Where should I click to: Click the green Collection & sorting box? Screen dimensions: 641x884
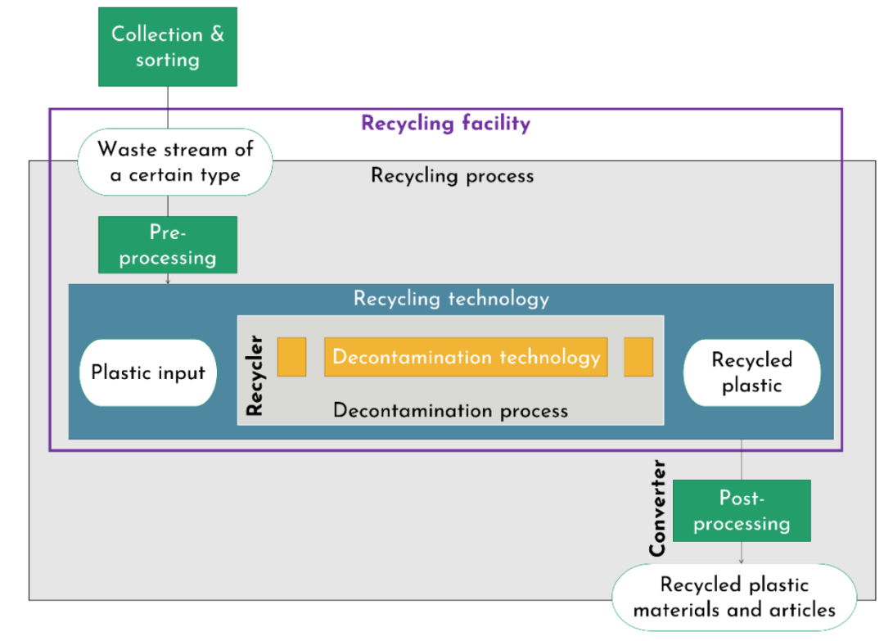[x=167, y=47]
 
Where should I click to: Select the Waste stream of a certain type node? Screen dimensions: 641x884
[x=175, y=161]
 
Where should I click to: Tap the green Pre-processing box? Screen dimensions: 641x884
[x=167, y=245]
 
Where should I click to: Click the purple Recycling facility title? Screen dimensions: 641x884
[x=445, y=124]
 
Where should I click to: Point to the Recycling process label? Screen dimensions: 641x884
[x=452, y=175]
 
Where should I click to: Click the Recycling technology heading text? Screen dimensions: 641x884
[x=451, y=298]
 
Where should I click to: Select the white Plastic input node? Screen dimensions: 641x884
[x=147, y=372]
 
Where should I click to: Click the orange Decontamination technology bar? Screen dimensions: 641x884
[x=466, y=357]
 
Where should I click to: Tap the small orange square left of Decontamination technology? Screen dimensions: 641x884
[x=291, y=357]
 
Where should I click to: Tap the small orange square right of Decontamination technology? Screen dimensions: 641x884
[x=638, y=357]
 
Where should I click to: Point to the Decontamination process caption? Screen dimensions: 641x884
[x=450, y=410]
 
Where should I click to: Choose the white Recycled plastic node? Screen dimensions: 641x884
[x=751, y=372]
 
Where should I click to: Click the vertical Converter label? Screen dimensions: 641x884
[x=657, y=508]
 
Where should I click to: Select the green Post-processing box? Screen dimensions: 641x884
[x=742, y=511]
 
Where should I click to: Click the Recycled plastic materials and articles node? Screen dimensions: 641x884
[x=734, y=597]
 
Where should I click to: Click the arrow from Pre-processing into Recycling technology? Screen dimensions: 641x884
[x=168, y=279]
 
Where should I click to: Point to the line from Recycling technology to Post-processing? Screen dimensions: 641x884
[x=742, y=459]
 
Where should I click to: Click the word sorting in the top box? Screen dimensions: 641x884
[x=167, y=60]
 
